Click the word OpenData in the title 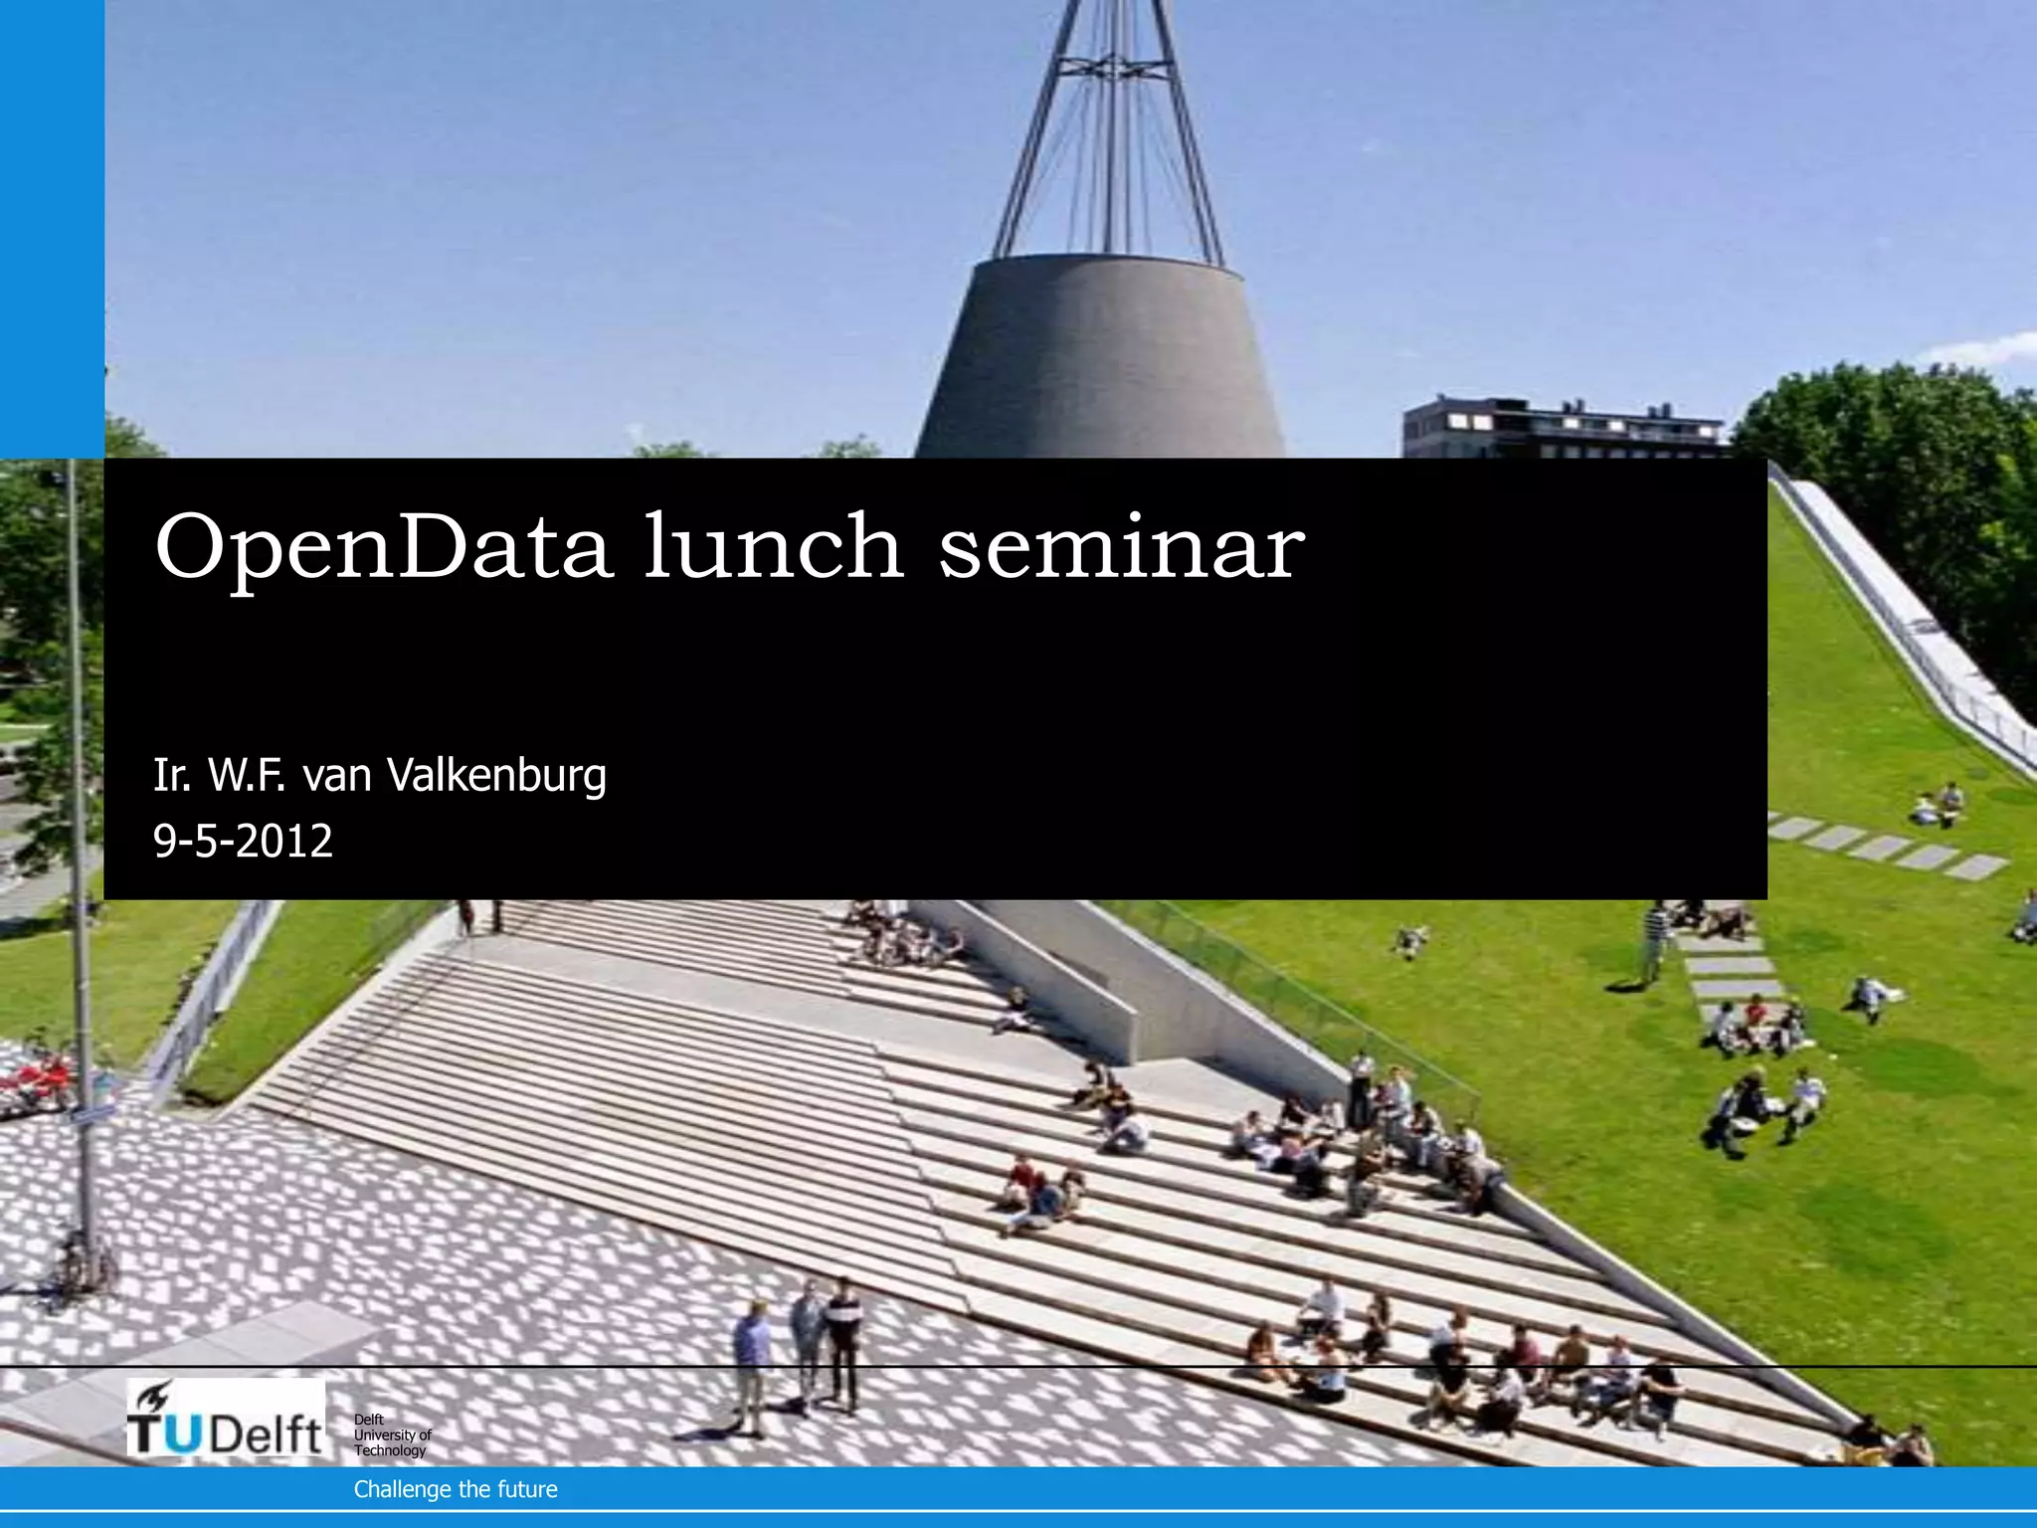(382, 546)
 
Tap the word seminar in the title (1121, 546)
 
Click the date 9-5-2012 (243, 842)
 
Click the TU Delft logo (226, 1419)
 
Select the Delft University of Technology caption (392, 1434)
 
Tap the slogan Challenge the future (456, 1489)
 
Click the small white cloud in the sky (1979, 348)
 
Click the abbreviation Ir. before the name (171, 776)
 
